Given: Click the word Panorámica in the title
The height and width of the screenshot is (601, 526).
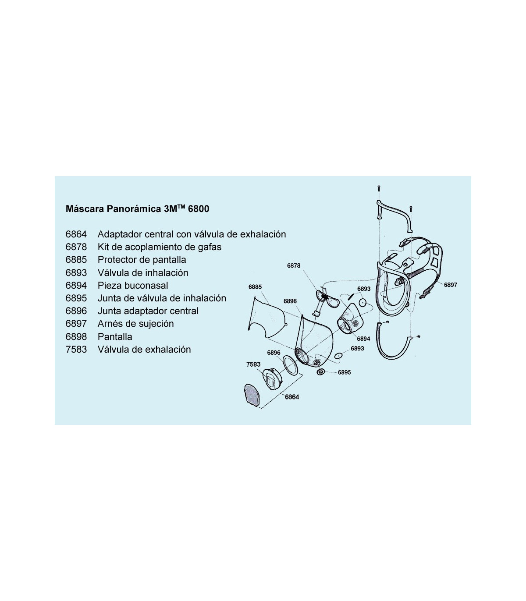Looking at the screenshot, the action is [134, 209].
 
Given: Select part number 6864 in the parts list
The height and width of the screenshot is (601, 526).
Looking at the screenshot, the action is [76, 234].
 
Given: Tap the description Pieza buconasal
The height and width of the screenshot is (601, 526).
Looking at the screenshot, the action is [133, 286].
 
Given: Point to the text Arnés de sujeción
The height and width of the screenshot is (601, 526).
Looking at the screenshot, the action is [136, 324].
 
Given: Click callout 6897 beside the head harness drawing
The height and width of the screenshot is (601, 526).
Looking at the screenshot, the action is [451, 285].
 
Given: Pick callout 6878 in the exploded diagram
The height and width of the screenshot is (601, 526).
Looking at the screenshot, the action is [294, 265].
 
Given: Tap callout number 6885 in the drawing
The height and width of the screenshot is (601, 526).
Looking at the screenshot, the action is [255, 286].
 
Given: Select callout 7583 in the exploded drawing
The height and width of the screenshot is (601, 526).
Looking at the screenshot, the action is [253, 364].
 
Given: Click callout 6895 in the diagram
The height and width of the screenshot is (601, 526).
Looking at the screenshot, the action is [344, 372].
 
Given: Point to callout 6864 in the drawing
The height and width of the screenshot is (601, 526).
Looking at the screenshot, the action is [292, 397].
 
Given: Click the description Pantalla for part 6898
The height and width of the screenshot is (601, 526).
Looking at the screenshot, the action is [115, 336].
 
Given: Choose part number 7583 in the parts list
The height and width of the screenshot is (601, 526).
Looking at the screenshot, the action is [76, 350].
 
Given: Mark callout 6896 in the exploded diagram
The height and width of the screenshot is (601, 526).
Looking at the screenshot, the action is [274, 353].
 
